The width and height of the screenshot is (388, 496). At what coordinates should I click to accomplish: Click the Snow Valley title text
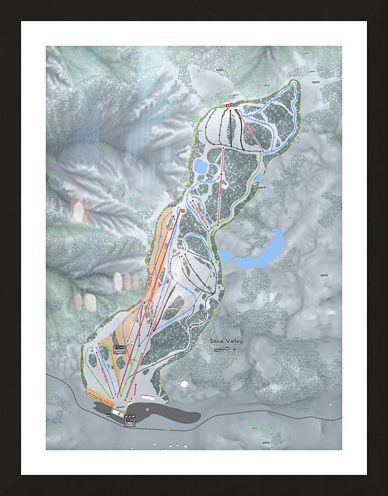coord(226,341)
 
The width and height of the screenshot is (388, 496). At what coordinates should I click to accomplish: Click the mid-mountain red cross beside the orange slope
coord(182,211)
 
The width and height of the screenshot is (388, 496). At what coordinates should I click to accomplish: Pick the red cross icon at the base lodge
coord(126,417)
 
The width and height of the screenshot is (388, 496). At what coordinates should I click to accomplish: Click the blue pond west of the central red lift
coord(200,166)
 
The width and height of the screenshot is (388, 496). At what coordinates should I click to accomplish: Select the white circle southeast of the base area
coord(184,384)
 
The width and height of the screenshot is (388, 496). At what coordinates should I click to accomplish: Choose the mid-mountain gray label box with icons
coord(120,349)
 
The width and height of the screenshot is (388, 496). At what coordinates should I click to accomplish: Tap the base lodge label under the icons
coord(131,424)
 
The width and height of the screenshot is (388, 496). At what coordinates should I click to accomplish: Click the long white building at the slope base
coord(148,396)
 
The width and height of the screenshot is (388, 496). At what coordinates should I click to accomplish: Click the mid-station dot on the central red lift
coord(220,175)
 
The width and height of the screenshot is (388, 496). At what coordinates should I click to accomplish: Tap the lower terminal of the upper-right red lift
coord(264,152)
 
